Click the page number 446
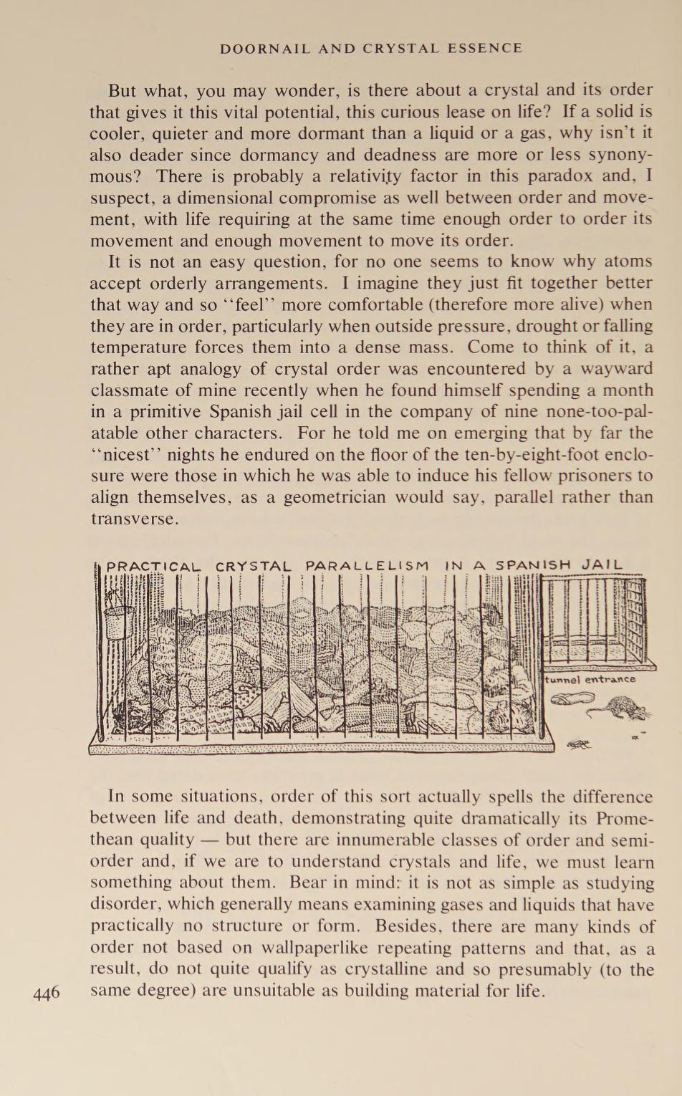point(47,994)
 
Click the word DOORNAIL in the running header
point(264,49)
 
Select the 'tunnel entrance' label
point(590,679)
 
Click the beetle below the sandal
point(579,745)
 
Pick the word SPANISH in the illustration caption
point(533,564)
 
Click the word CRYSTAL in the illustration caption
point(253,566)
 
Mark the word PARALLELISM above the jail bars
point(368,565)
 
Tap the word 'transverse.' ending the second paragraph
point(134,519)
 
